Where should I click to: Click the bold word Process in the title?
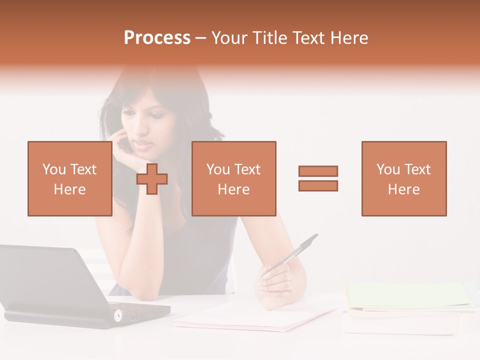(157, 38)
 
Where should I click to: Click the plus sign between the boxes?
(152, 179)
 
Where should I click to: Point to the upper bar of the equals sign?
(318, 171)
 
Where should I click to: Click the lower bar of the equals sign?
(318, 186)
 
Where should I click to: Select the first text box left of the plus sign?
(69, 178)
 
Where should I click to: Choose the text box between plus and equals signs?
(233, 178)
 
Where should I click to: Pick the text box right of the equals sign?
(403, 178)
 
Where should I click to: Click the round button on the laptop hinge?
(118, 315)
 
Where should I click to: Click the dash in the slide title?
(200, 38)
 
